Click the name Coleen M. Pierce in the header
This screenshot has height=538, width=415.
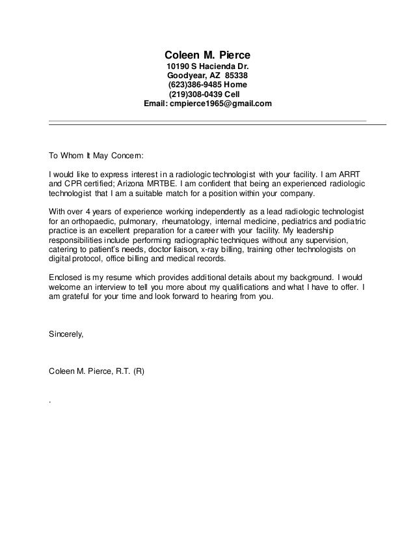coord(207,54)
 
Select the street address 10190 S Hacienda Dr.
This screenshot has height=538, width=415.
coord(207,66)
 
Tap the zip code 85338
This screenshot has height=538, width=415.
coord(235,76)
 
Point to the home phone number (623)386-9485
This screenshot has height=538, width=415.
coord(194,85)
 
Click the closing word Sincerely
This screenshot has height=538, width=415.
coord(66,334)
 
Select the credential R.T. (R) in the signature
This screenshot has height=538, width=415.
coord(128,372)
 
